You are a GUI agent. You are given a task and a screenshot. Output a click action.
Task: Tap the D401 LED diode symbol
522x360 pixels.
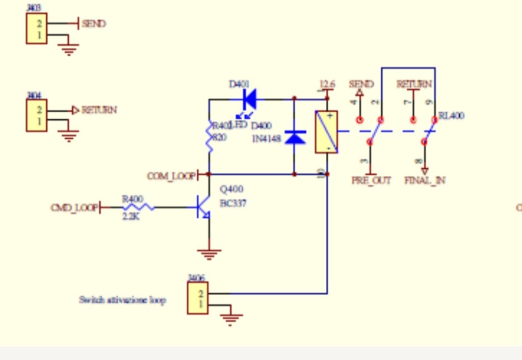click(x=249, y=99)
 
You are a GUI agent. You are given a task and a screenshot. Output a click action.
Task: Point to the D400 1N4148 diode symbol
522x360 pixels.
click(x=294, y=137)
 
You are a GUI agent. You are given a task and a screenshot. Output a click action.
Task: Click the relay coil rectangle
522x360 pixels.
click(x=326, y=132)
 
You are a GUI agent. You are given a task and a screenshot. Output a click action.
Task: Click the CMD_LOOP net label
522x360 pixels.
click(x=74, y=208)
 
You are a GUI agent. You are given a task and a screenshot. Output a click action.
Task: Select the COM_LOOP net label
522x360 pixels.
click(x=171, y=176)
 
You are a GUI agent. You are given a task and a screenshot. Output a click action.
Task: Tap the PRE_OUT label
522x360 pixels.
click(x=371, y=181)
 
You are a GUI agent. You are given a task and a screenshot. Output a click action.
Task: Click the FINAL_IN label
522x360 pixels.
click(x=425, y=181)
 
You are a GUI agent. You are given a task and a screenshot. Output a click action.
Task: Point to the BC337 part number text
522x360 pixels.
click(x=233, y=203)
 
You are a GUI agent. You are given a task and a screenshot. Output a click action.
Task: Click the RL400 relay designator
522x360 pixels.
click(x=451, y=116)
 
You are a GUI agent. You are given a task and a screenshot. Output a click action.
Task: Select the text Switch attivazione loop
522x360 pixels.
click(x=122, y=300)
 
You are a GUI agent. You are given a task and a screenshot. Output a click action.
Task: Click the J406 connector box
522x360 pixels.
click(x=198, y=298)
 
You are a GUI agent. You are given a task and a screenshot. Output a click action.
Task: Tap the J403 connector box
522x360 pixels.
click(x=37, y=29)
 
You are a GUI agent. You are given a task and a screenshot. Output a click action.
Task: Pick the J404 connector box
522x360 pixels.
click(x=37, y=116)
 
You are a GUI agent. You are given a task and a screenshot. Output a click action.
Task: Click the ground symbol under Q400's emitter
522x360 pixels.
click(x=209, y=253)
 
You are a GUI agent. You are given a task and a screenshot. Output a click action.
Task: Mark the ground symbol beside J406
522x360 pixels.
click(x=231, y=319)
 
